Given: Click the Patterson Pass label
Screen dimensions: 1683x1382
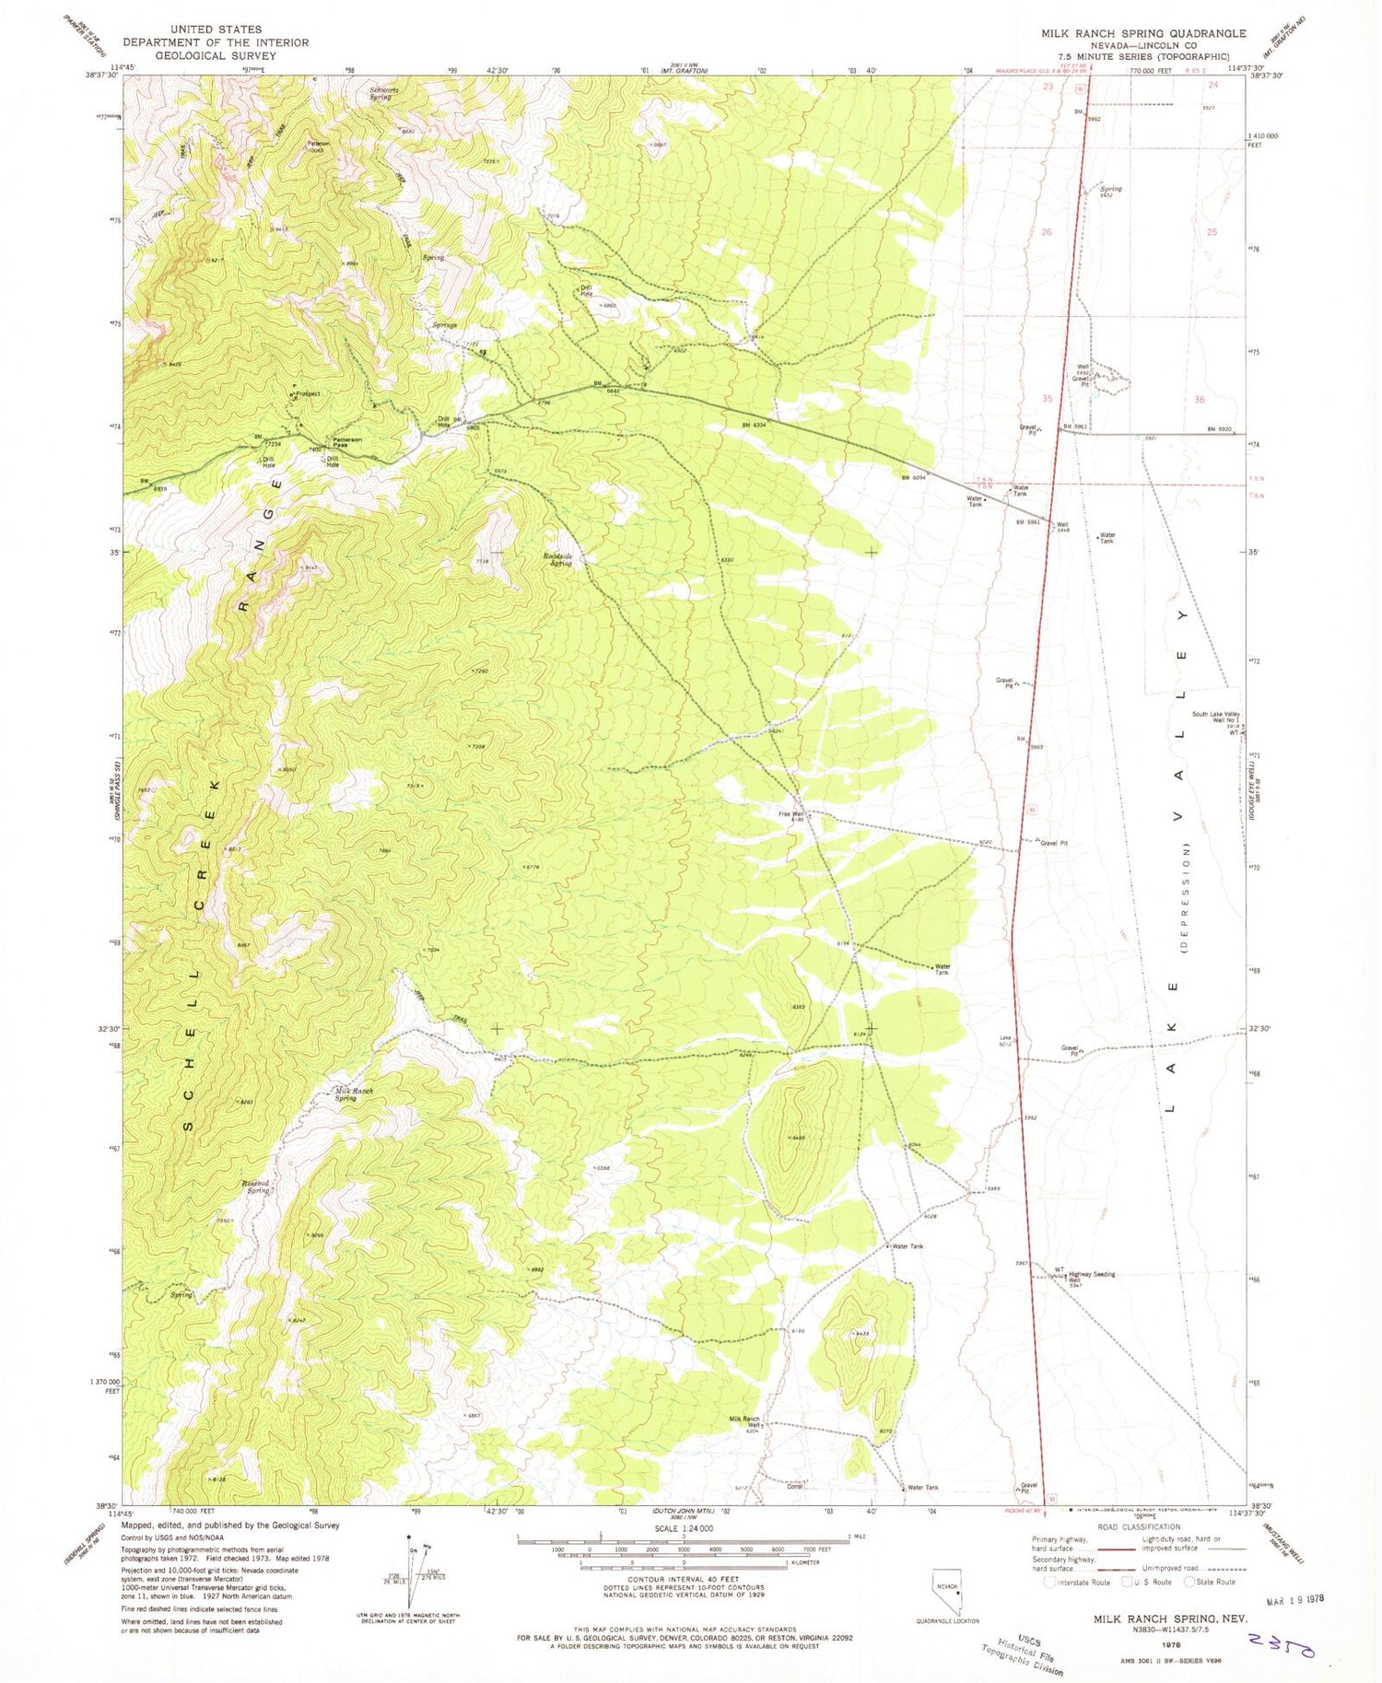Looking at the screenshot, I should coord(346,443).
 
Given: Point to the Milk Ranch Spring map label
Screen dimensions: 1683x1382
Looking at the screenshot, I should coord(354,1094).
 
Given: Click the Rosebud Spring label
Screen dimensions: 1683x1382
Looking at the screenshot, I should coord(256,1186).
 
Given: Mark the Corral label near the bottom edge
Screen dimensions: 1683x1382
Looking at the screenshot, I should coord(794,1486).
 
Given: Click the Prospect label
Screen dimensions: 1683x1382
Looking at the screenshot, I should coord(307,394).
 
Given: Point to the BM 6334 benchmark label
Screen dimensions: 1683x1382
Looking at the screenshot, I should coord(754,425).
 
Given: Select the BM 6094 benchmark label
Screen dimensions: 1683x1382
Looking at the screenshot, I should coord(912,477).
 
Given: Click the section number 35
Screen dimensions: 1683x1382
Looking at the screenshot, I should coord(1047,399).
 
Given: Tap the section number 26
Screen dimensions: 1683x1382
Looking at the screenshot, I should coord(1047,232).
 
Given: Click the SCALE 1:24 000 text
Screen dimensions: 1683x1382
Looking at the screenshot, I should coord(682,1528).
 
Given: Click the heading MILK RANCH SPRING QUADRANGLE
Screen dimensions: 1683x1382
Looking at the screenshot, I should coord(1142,33).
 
